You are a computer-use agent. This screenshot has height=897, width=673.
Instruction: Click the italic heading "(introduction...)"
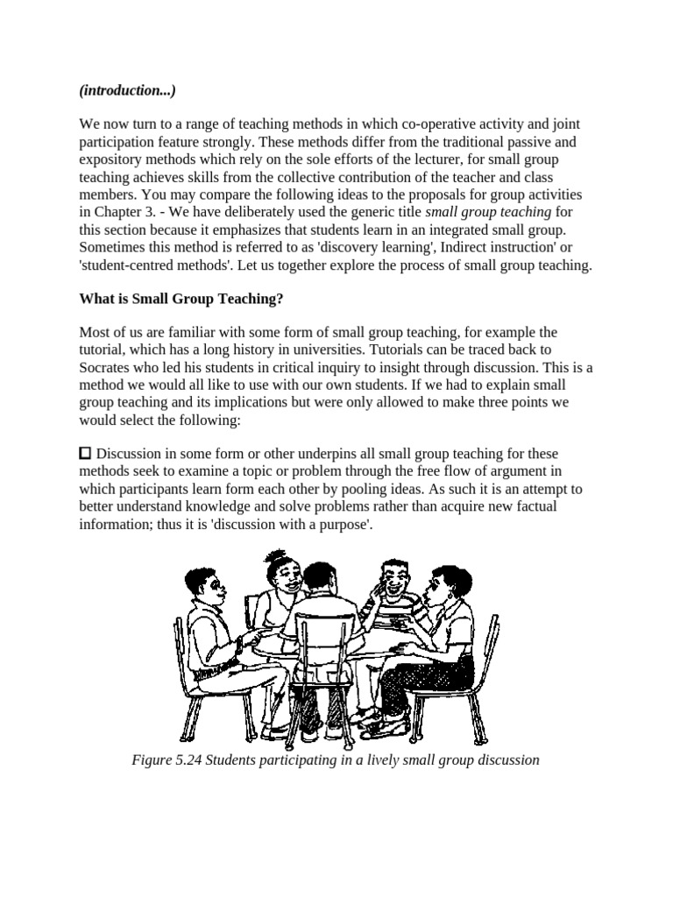pyautogui.click(x=127, y=91)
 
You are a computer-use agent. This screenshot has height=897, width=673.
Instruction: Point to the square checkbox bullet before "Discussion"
pyautogui.click(x=85, y=453)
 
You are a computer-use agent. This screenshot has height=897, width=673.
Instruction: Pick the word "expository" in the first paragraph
pyautogui.click(x=110, y=159)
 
